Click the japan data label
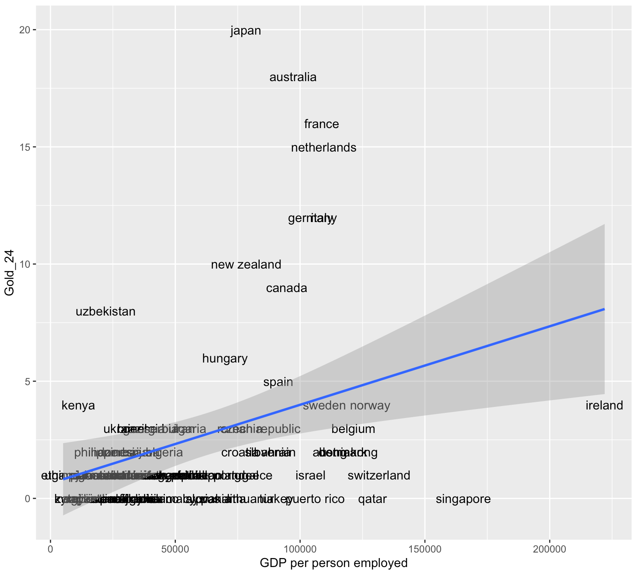click(x=246, y=31)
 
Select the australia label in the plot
click(x=293, y=77)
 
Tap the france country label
click(x=322, y=124)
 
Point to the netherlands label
click(x=324, y=148)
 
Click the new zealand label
click(x=246, y=265)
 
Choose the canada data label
click(x=287, y=288)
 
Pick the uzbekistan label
click(x=105, y=312)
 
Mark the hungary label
click(x=225, y=359)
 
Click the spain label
click(x=278, y=382)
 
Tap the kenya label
click(x=78, y=406)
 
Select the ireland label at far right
click(x=604, y=406)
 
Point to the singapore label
click(x=463, y=499)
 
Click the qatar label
click(x=372, y=499)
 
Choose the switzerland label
click(x=379, y=476)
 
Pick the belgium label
click(x=353, y=429)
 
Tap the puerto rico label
click(x=315, y=499)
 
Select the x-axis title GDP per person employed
click(x=334, y=563)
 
